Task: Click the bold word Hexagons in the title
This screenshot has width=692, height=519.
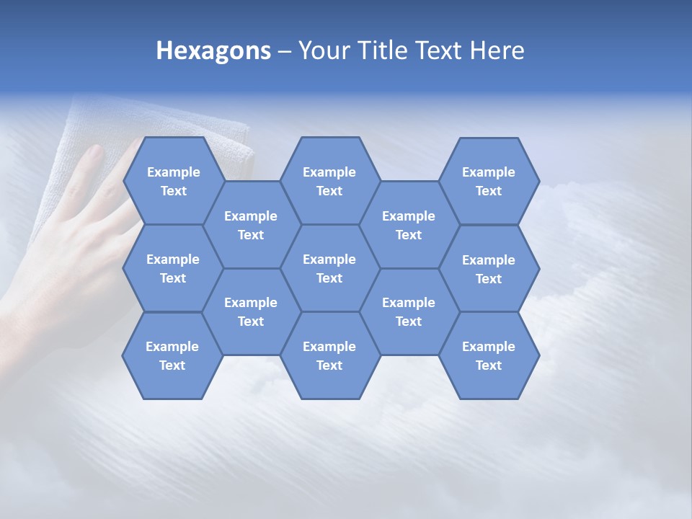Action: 213,50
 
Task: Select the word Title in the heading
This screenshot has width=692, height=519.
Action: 384,50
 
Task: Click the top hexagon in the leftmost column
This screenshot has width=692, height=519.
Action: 173,181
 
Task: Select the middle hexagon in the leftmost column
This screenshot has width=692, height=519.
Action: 173,268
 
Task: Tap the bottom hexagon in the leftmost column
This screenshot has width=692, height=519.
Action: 172,355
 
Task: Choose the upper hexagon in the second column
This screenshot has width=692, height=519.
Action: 251,225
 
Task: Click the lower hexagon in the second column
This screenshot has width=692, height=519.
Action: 251,311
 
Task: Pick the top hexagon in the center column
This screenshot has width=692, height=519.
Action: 329,181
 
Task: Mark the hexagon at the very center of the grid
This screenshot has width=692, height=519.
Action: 329,268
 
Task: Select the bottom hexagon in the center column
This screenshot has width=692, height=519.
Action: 329,355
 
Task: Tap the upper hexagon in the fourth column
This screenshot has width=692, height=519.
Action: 409,225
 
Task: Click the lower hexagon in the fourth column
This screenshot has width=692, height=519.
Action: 409,311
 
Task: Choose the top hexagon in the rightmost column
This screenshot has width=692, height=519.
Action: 489,181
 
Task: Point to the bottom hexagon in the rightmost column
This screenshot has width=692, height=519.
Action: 489,355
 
